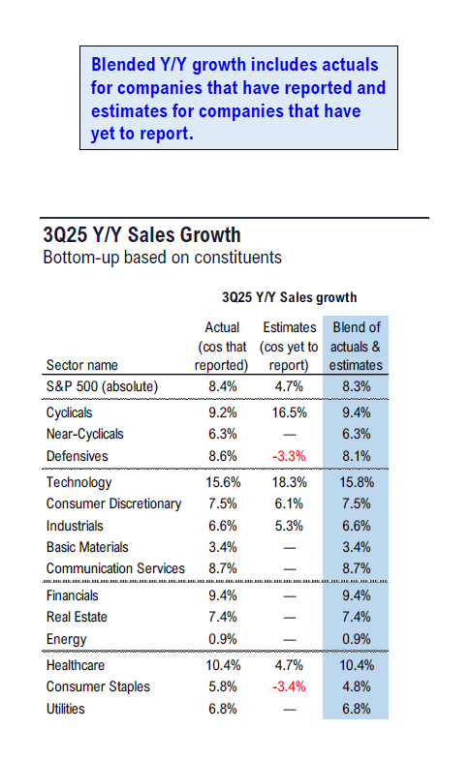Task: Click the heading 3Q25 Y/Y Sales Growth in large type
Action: point(141,234)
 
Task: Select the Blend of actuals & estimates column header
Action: point(356,347)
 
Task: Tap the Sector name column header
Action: point(83,365)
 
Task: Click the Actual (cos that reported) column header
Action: point(222,347)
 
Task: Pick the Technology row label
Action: point(78,482)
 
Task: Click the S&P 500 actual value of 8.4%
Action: point(222,387)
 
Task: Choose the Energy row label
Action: point(66,639)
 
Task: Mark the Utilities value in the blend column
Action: point(356,709)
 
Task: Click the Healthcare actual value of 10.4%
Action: point(222,666)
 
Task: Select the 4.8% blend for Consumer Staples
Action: point(356,687)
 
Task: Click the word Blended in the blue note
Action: point(126,65)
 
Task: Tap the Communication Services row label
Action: point(115,568)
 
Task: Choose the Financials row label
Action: point(73,595)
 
